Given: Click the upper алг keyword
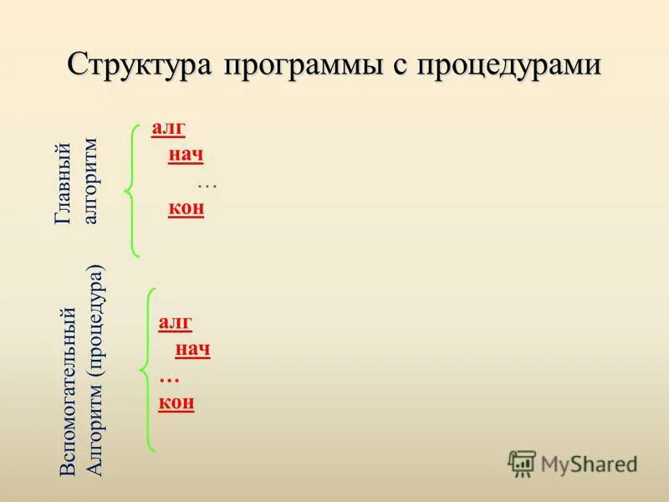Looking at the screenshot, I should (168, 128).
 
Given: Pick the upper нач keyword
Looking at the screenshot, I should (186, 155).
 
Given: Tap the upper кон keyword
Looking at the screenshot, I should (186, 208).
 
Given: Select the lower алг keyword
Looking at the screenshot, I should (176, 323).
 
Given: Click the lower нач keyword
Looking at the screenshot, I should (192, 349).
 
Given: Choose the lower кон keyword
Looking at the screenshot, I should (176, 402).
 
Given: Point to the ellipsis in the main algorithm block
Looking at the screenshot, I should (207, 183).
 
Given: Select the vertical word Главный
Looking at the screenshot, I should (63, 183).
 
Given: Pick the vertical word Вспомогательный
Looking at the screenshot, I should (68, 392).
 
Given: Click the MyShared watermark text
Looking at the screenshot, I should (589, 464).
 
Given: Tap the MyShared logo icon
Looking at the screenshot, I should (522, 464).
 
